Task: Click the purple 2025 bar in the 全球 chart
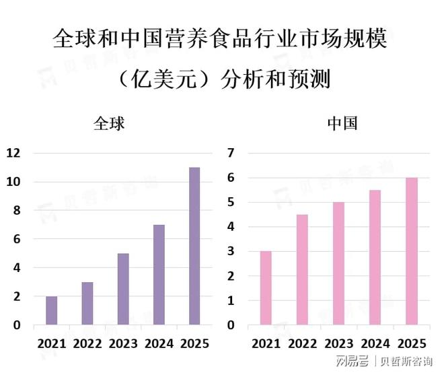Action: click(194, 246)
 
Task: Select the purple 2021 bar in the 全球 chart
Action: click(52, 310)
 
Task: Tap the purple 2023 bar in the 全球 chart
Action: click(123, 289)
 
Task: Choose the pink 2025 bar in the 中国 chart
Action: click(411, 251)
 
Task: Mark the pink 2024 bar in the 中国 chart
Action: click(375, 257)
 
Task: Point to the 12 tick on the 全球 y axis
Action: click(13, 153)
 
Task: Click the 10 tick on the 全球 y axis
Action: click(13, 182)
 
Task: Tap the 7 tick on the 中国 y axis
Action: click(231, 153)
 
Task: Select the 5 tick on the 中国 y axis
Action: click(231, 202)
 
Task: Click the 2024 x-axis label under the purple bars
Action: click(159, 344)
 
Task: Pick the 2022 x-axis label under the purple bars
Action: click(87, 344)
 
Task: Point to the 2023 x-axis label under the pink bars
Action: click(339, 344)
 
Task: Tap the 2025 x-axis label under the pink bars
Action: click(411, 344)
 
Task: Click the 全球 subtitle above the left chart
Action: click(109, 124)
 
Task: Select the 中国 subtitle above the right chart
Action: click(342, 124)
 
